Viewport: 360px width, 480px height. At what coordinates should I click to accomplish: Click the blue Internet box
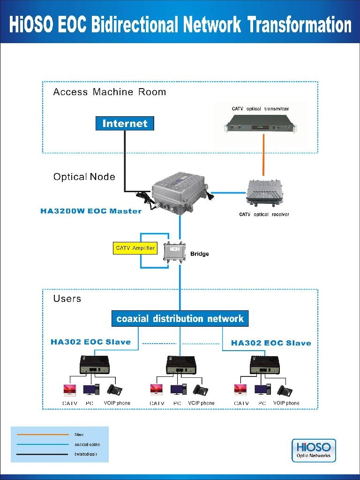[x=125, y=124]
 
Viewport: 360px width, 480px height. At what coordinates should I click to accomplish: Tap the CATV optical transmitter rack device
[x=261, y=125]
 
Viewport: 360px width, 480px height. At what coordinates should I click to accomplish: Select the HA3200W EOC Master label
[x=91, y=211]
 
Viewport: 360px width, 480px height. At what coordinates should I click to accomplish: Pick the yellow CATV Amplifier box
[x=135, y=248]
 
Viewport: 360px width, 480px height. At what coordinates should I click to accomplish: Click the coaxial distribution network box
[x=180, y=319]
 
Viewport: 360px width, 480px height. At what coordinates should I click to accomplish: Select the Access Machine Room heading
[x=110, y=92]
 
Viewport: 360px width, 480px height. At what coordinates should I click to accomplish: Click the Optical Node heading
[x=84, y=177]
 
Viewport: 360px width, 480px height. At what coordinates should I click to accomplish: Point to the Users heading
[x=67, y=299]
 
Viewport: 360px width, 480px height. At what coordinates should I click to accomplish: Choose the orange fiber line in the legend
[x=42, y=435]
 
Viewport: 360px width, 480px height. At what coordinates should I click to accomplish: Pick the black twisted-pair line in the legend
[x=42, y=454]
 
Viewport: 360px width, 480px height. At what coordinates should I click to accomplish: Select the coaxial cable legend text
[x=87, y=444]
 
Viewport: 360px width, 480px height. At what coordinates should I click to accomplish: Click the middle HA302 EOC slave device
[x=180, y=364]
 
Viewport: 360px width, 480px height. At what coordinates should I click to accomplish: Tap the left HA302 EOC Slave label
[x=90, y=342]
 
